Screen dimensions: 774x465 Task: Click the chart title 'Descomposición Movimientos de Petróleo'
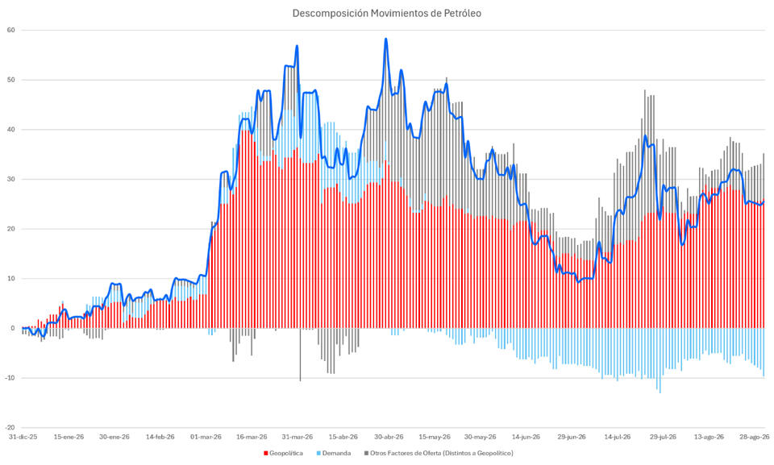[x=386, y=14]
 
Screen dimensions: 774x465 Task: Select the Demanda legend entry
[x=334, y=453]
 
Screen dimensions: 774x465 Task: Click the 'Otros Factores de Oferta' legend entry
[x=439, y=453]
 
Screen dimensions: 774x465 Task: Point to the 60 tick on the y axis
[x=10, y=30]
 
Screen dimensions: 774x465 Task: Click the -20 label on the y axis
[x=10, y=427]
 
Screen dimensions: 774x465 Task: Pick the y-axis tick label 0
[x=13, y=328]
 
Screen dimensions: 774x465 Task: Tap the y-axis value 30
[x=10, y=179]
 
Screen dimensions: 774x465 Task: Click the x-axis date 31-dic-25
[x=23, y=437]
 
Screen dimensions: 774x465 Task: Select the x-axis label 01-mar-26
[x=206, y=437]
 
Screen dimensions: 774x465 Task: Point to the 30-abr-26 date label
[x=389, y=437]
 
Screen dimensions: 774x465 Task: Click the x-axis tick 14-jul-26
[x=617, y=437]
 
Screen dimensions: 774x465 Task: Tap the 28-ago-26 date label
[x=755, y=437]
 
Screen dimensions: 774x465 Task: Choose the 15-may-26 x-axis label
[x=435, y=437]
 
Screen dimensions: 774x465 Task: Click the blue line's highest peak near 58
[x=386, y=39]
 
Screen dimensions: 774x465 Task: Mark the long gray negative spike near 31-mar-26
[x=300, y=355]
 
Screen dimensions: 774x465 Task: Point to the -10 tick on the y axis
[x=10, y=378]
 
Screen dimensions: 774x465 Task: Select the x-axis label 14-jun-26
[x=526, y=437]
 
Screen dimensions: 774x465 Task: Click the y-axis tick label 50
[x=10, y=80]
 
